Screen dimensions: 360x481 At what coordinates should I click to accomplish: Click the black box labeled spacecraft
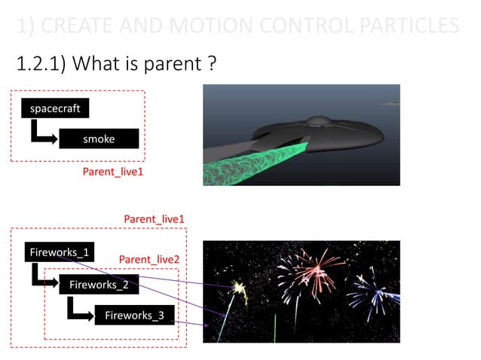pyautogui.click(x=54, y=108)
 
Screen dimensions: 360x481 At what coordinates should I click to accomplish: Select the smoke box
pyautogui.click(x=99, y=139)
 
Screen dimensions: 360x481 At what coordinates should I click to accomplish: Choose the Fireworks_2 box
pyautogui.click(x=99, y=285)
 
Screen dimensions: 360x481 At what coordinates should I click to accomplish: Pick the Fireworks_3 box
pyautogui.click(x=134, y=316)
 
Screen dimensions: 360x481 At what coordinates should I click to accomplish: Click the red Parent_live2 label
pyautogui.click(x=149, y=260)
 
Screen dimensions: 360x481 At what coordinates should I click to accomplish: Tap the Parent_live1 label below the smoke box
pyautogui.click(x=112, y=172)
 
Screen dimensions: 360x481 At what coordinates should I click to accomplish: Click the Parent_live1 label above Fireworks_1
pyautogui.click(x=155, y=219)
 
